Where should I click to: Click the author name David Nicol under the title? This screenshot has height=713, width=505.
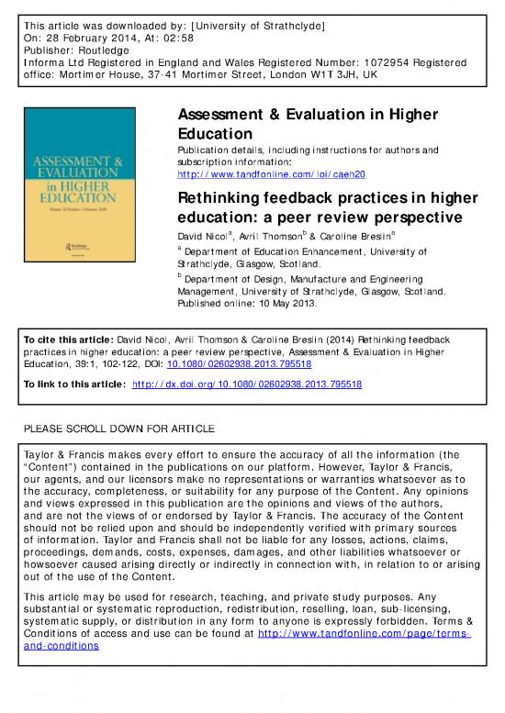[x=200, y=237]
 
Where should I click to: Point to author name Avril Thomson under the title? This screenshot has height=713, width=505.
[x=273, y=237]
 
